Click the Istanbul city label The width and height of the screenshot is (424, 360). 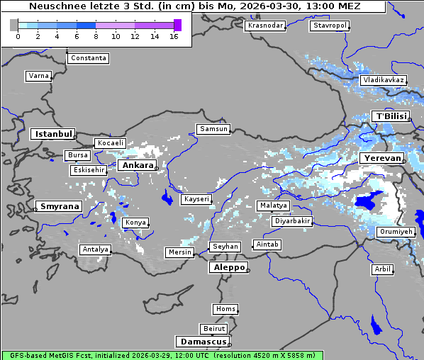tap(53, 134)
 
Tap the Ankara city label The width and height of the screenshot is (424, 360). tap(137, 165)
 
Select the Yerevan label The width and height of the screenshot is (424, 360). tap(381, 157)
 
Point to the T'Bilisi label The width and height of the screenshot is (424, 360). tap(391, 116)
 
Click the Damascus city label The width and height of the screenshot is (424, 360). tap(202, 342)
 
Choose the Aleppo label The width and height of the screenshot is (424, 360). tap(228, 268)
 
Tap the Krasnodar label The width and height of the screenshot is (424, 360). tap(265, 26)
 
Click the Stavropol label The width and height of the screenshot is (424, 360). tap(330, 26)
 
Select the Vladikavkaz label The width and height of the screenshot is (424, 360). tap(383, 80)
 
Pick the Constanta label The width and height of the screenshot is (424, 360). tap(89, 58)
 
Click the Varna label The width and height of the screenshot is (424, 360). tap(38, 75)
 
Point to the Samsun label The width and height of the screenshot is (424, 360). tap(213, 129)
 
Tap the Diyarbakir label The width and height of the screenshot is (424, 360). tap(292, 221)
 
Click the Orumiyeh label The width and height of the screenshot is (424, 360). tap(396, 232)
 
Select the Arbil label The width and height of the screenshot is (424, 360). tap(382, 269)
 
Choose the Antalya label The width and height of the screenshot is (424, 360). tap(96, 249)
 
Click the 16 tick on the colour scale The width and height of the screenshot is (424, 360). tap(174, 36)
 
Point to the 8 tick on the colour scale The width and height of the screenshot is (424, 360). tap(96, 36)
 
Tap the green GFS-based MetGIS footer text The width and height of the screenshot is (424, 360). tap(106, 355)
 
